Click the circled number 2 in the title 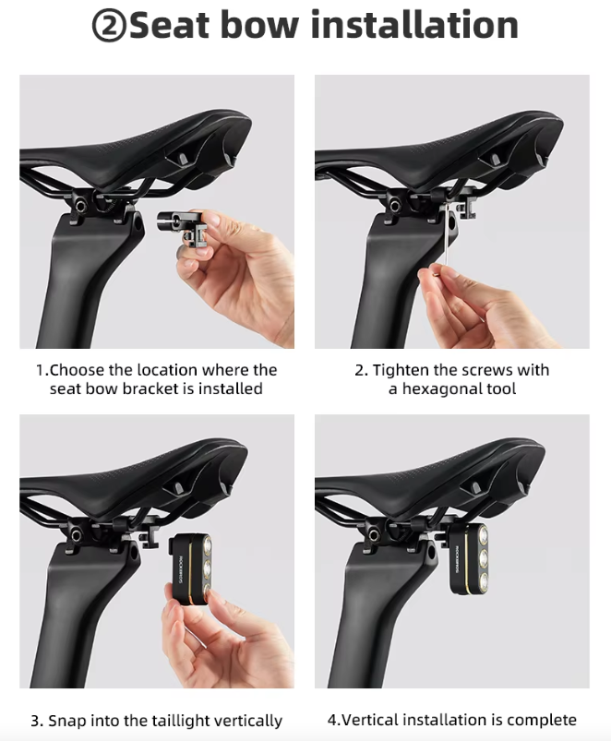click(110, 26)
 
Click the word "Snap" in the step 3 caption click(66, 720)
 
